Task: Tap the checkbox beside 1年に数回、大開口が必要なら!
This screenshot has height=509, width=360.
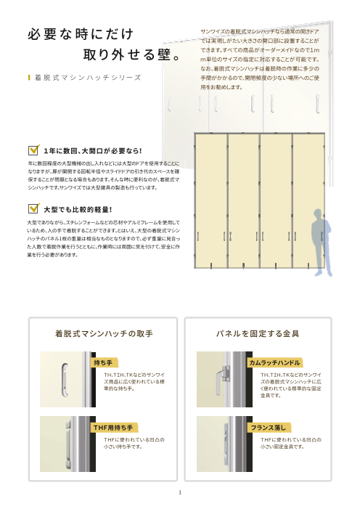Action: click(32, 150)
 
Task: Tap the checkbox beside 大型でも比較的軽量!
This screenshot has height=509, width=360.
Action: click(32, 208)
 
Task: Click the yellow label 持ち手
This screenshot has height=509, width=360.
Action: click(103, 361)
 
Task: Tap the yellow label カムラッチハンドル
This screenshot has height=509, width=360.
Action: click(274, 361)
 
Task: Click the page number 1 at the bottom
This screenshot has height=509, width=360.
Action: click(180, 492)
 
